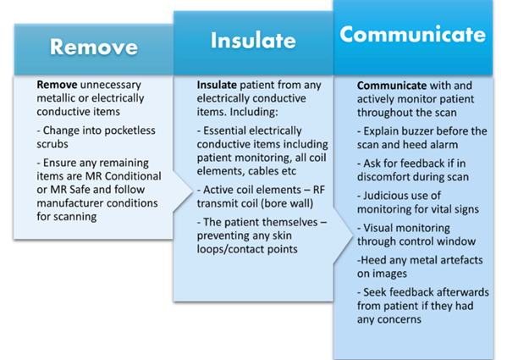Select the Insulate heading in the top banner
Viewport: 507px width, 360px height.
click(x=253, y=40)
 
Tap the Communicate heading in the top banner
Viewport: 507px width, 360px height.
click(x=414, y=34)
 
